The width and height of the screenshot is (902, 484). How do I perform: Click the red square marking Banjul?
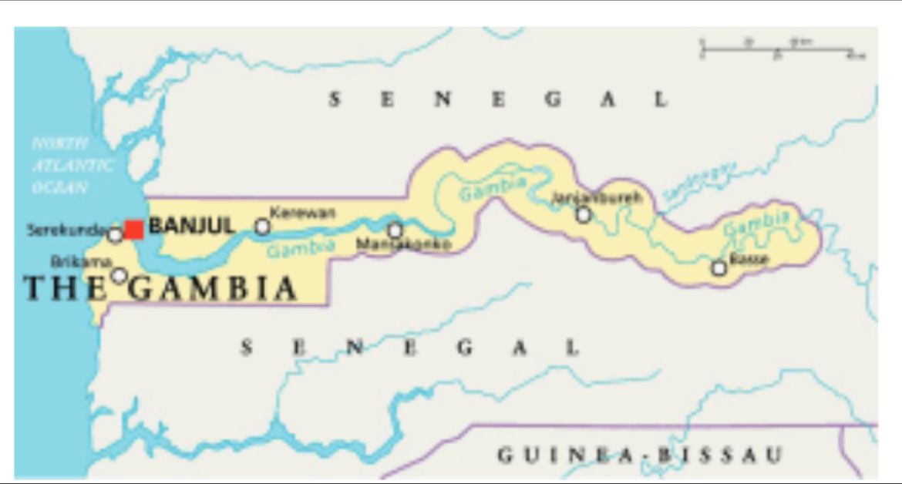coord(134,230)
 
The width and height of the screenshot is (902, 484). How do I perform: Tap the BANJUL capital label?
coord(191,227)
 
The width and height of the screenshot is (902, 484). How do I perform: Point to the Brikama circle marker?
coord(119,275)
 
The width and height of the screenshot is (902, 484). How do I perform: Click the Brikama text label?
coord(71,262)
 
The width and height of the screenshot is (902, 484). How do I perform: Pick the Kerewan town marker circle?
coord(263,227)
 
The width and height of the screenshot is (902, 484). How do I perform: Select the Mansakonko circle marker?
coord(395,230)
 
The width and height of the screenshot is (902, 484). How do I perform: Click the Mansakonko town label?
coord(403,245)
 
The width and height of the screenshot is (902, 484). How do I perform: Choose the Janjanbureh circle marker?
coord(584,215)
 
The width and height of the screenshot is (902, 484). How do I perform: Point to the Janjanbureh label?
coord(596,198)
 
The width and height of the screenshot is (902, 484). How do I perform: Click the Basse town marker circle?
coord(719,268)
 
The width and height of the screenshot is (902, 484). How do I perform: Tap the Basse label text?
coord(749,259)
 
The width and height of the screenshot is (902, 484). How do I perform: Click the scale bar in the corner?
coord(783,50)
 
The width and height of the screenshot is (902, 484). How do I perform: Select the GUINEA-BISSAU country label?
coord(639,454)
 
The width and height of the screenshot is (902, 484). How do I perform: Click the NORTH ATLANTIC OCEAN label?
coord(71,166)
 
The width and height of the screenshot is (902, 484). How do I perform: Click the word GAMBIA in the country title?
coord(212,289)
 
